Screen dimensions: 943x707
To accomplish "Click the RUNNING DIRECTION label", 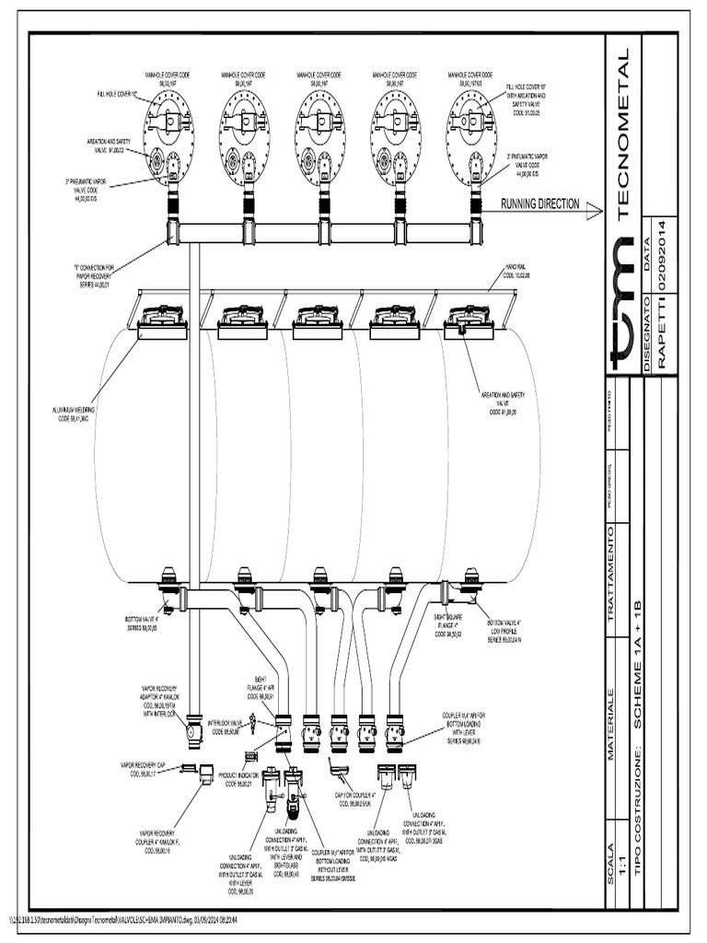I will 539,204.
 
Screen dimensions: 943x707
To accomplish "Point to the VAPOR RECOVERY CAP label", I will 142,766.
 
